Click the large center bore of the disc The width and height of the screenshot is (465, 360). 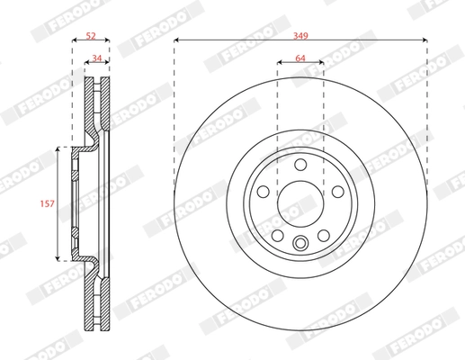pos(300,202)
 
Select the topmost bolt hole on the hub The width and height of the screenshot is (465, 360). pos(300,165)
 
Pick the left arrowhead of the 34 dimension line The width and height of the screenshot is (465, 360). pos(88,63)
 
